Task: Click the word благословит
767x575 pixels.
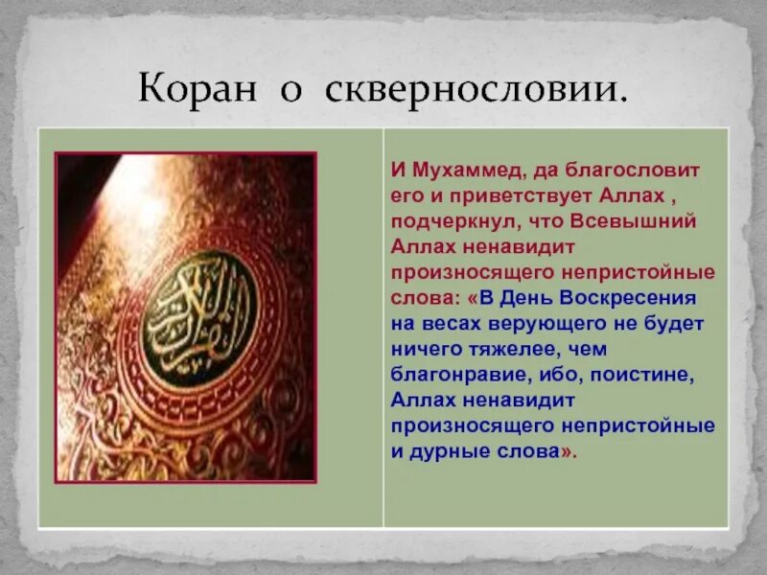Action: (x=641, y=171)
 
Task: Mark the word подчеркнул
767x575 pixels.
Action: (x=444, y=221)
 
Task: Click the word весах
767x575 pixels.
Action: (x=439, y=322)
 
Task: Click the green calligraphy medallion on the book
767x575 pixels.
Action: (x=201, y=317)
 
